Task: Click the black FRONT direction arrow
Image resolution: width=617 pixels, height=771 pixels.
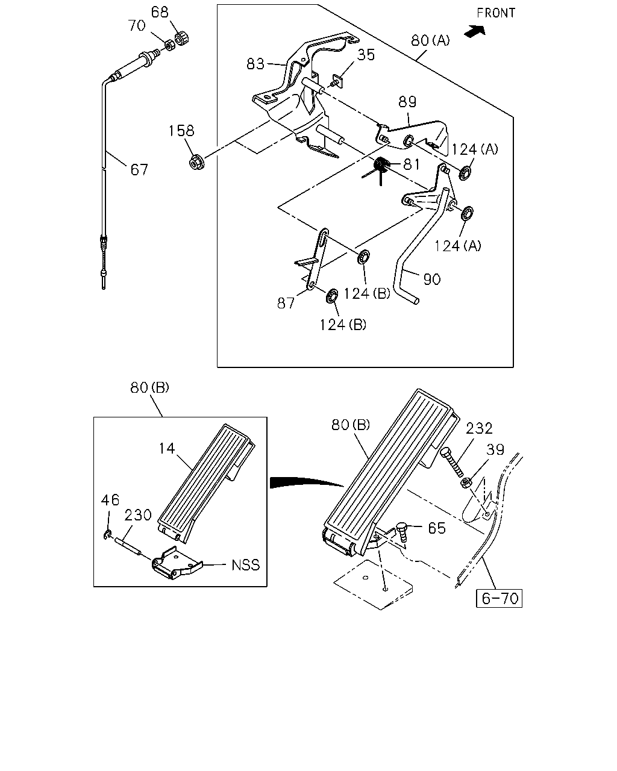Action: (475, 31)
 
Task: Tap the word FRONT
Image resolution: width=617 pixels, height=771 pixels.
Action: (496, 13)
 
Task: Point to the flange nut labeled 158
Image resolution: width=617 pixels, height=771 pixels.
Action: (196, 161)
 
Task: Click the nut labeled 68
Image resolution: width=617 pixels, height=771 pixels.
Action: (182, 38)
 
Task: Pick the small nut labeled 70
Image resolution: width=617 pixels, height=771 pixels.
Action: (169, 45)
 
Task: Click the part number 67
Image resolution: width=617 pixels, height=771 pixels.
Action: (139, 169)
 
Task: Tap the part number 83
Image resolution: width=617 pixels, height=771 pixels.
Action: (255, 64)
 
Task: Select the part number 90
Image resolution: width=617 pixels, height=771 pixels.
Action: (431, 279)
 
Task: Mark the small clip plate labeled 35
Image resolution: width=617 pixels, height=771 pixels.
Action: (337, 81)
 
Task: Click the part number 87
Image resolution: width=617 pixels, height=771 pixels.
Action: (286, 304)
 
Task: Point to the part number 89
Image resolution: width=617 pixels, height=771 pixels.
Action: (408, 102)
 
